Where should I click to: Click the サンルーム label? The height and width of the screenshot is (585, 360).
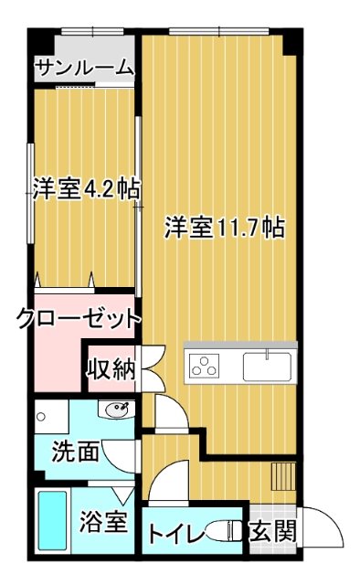84,68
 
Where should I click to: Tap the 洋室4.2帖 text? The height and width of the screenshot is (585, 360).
86,189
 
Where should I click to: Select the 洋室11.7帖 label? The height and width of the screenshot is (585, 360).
223,227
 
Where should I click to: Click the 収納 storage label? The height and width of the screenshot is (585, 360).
111,369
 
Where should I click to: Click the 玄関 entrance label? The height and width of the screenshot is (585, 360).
272,530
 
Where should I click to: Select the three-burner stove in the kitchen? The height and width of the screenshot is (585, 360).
205,367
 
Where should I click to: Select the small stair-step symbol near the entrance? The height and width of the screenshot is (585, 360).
283,478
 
